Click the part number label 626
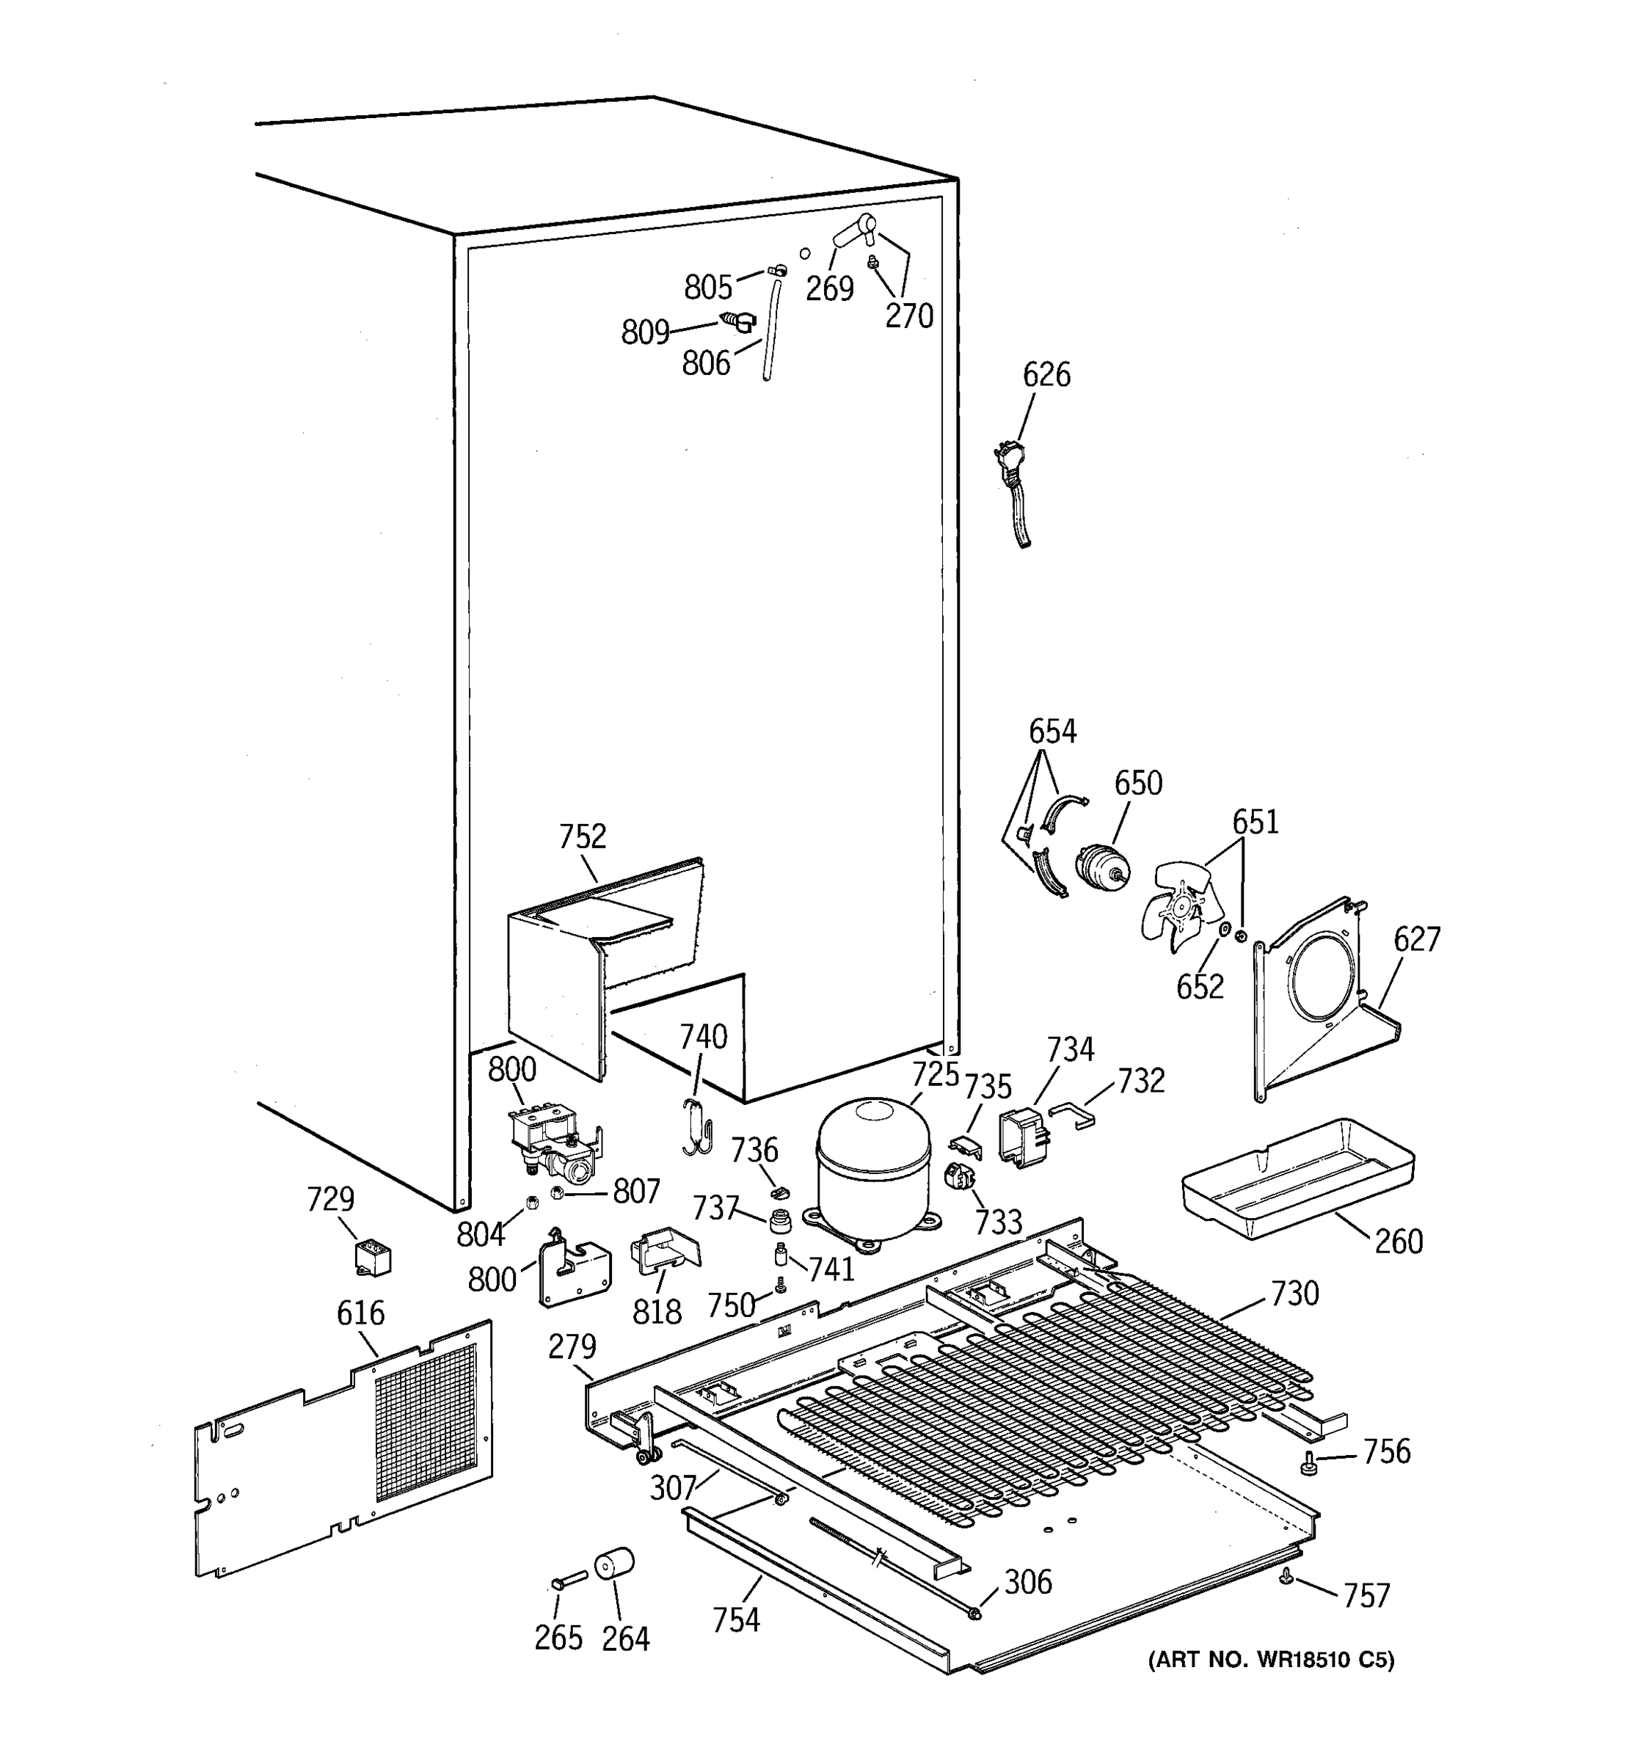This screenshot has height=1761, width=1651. point(1046,375)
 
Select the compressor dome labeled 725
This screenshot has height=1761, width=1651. point(873,1168)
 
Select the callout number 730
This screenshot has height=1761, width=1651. point(1294,1294)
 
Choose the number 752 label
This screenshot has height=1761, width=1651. point(582,836)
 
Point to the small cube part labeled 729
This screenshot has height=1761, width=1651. point(372,1258)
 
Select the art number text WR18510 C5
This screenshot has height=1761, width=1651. point(1270,1660)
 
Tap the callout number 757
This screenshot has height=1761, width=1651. point(1367,1596)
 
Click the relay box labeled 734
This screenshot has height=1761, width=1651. point(1023,1137)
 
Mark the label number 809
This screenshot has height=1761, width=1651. point(645,332)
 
